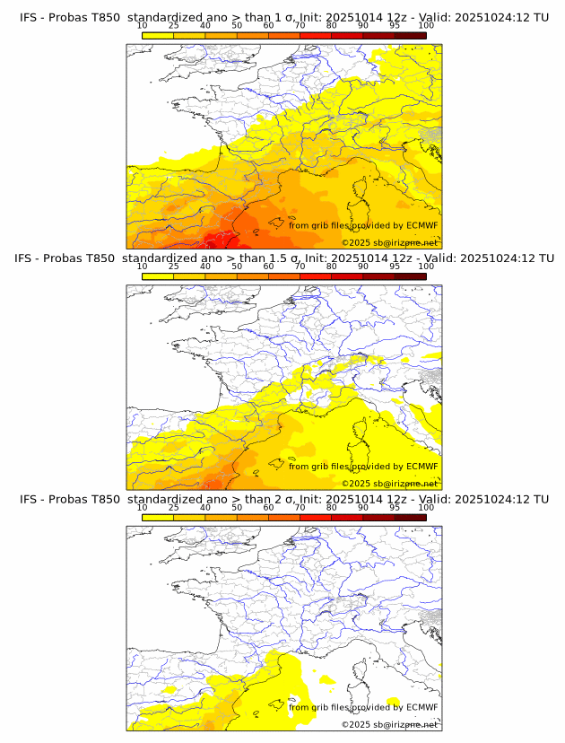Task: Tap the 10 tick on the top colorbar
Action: pyautogui.click(x=143, y=25)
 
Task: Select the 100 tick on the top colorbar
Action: pyautogui.click(x=426, y=25)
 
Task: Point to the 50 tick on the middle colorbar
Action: pyautogui.click(x=237, y=267)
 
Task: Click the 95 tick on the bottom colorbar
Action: pyautogui.click(x=395, y=508)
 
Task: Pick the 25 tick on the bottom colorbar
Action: pyautogui.click(x=173, y=508)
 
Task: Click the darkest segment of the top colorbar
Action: pyautogui.click(x=410, y=35)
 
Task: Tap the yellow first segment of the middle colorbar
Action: pyautogui.click(x=158, y=276)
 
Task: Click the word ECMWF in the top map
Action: pyautogui.click(x=422, y=225)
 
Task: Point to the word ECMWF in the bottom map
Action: pyautogui.click(x=422, y=707)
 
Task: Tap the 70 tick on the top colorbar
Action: pyautogui.click(x=300, y=25)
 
